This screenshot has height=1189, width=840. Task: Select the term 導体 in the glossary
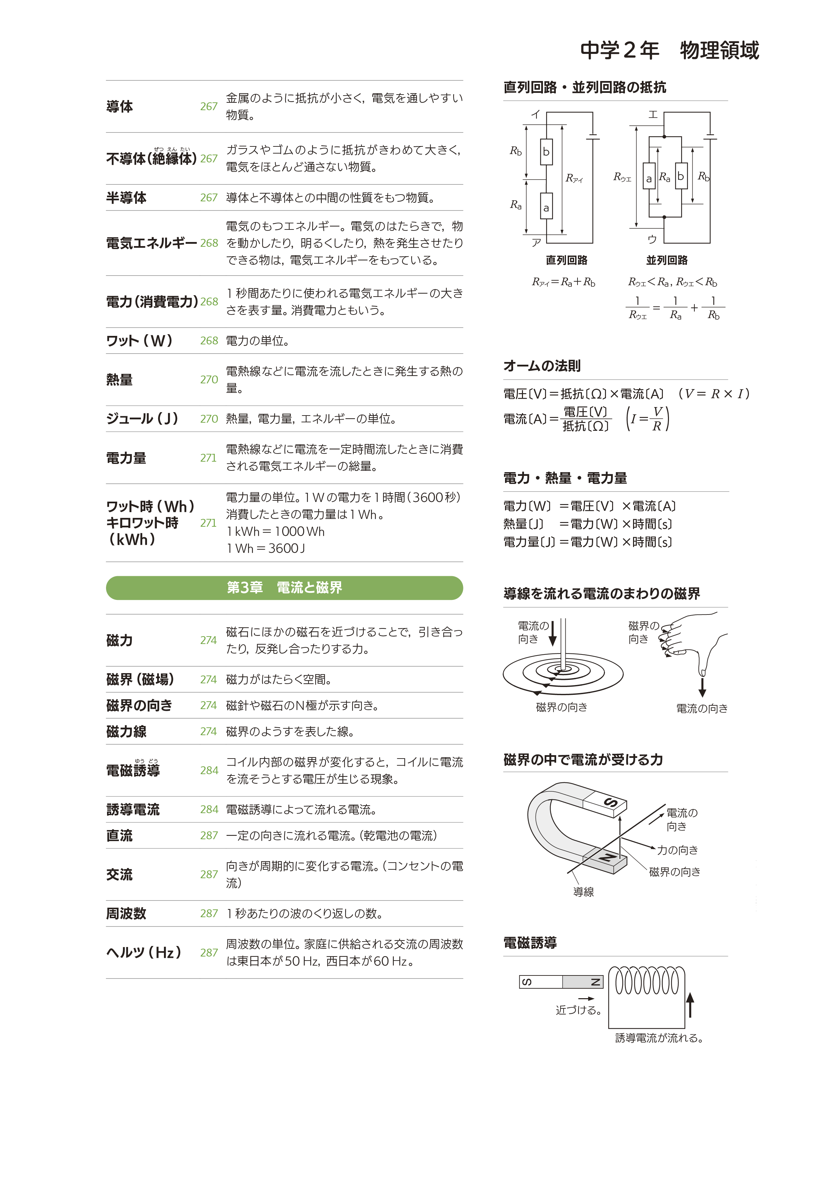tap(120, 107)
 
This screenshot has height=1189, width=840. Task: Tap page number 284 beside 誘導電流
tap(209, 809)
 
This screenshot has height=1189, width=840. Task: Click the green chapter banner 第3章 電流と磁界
tap(284, 588)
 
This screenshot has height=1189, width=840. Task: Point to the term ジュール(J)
tap(142, 419)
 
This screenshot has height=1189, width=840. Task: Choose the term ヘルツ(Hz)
tap(143, 952)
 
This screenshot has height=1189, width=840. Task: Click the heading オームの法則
tap(542, 366)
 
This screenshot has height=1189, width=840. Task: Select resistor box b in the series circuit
tap(546, 152)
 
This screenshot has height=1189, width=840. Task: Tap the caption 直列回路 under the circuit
tap(566, 260)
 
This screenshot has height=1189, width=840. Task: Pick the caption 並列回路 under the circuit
tap(667, 260)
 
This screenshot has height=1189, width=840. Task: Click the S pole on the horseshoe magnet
tap(610, 803)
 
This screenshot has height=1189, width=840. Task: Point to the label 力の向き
tap(677, 850)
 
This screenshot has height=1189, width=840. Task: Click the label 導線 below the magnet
tap(583, 892)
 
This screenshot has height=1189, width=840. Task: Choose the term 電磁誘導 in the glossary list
tap(133, 770)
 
